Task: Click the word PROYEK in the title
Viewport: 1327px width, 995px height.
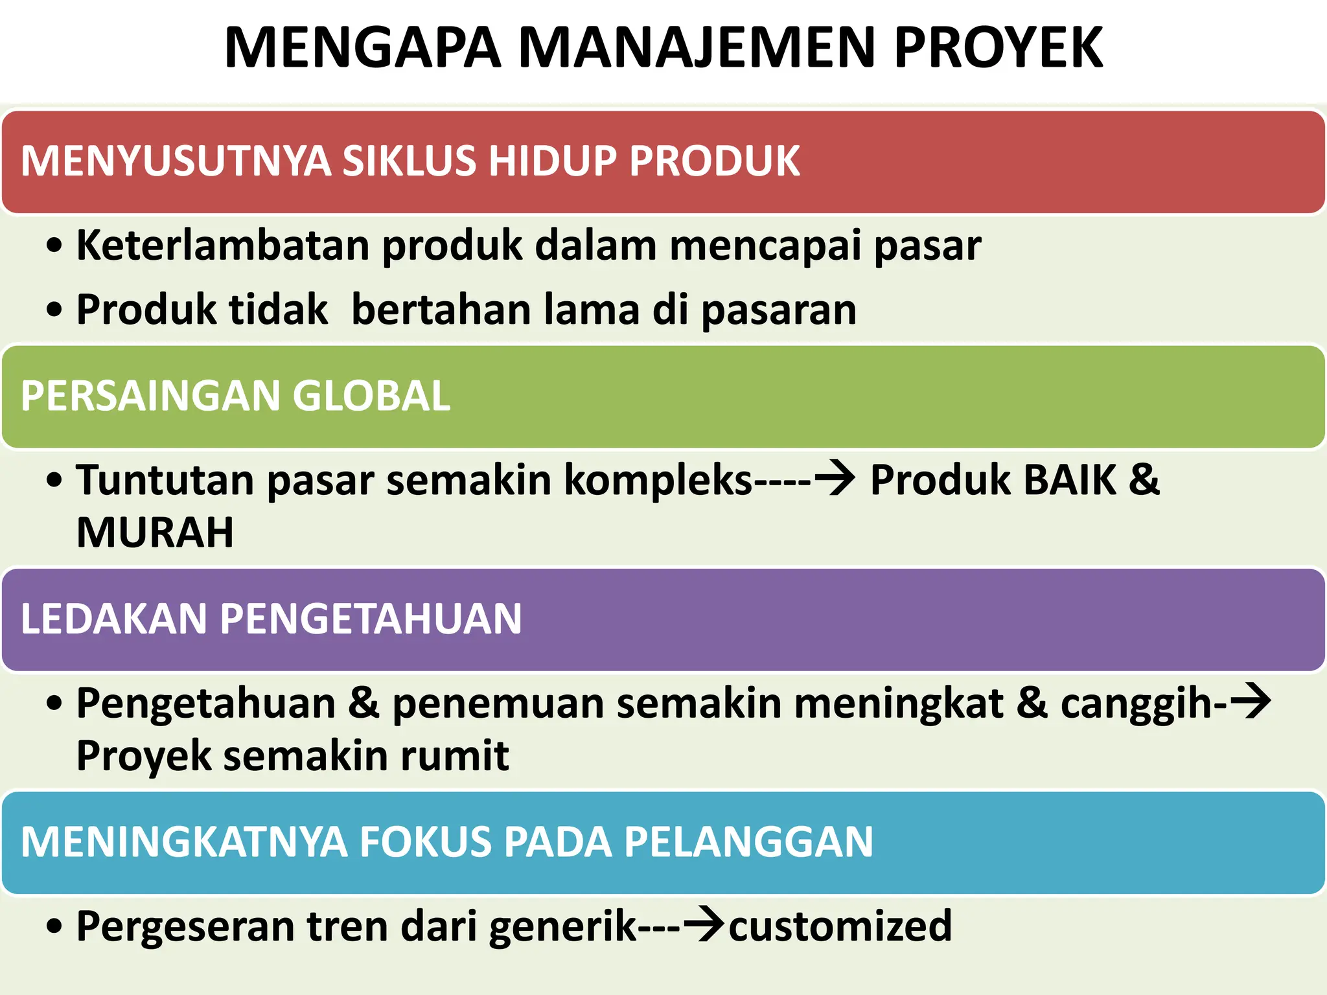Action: tap(998, 48)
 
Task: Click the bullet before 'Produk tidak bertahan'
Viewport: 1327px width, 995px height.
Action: tap(55, 310)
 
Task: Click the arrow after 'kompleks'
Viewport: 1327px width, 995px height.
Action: tap(835, 479)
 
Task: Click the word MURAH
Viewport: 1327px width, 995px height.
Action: tap(155, 532)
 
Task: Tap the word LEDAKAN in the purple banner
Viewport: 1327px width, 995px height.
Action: tap(113, 619)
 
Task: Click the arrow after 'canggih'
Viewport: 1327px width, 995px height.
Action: tap(1251, 702)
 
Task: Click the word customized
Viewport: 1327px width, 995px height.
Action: tap(840, 926)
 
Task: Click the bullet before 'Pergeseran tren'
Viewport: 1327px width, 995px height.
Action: tap(55, 926)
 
